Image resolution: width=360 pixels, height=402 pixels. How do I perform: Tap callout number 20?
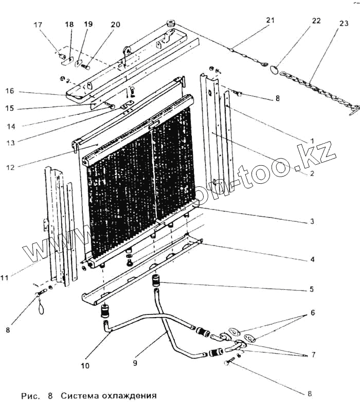click(115, 24)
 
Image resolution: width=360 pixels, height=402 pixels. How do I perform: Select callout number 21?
click(271, 20)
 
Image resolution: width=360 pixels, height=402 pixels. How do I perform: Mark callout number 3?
click(312, 222)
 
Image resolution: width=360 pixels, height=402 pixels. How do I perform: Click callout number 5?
click(312, 290)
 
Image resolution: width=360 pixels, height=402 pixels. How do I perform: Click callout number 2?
click(312, 174)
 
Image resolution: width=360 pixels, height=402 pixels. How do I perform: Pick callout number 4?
click(312, 259)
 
